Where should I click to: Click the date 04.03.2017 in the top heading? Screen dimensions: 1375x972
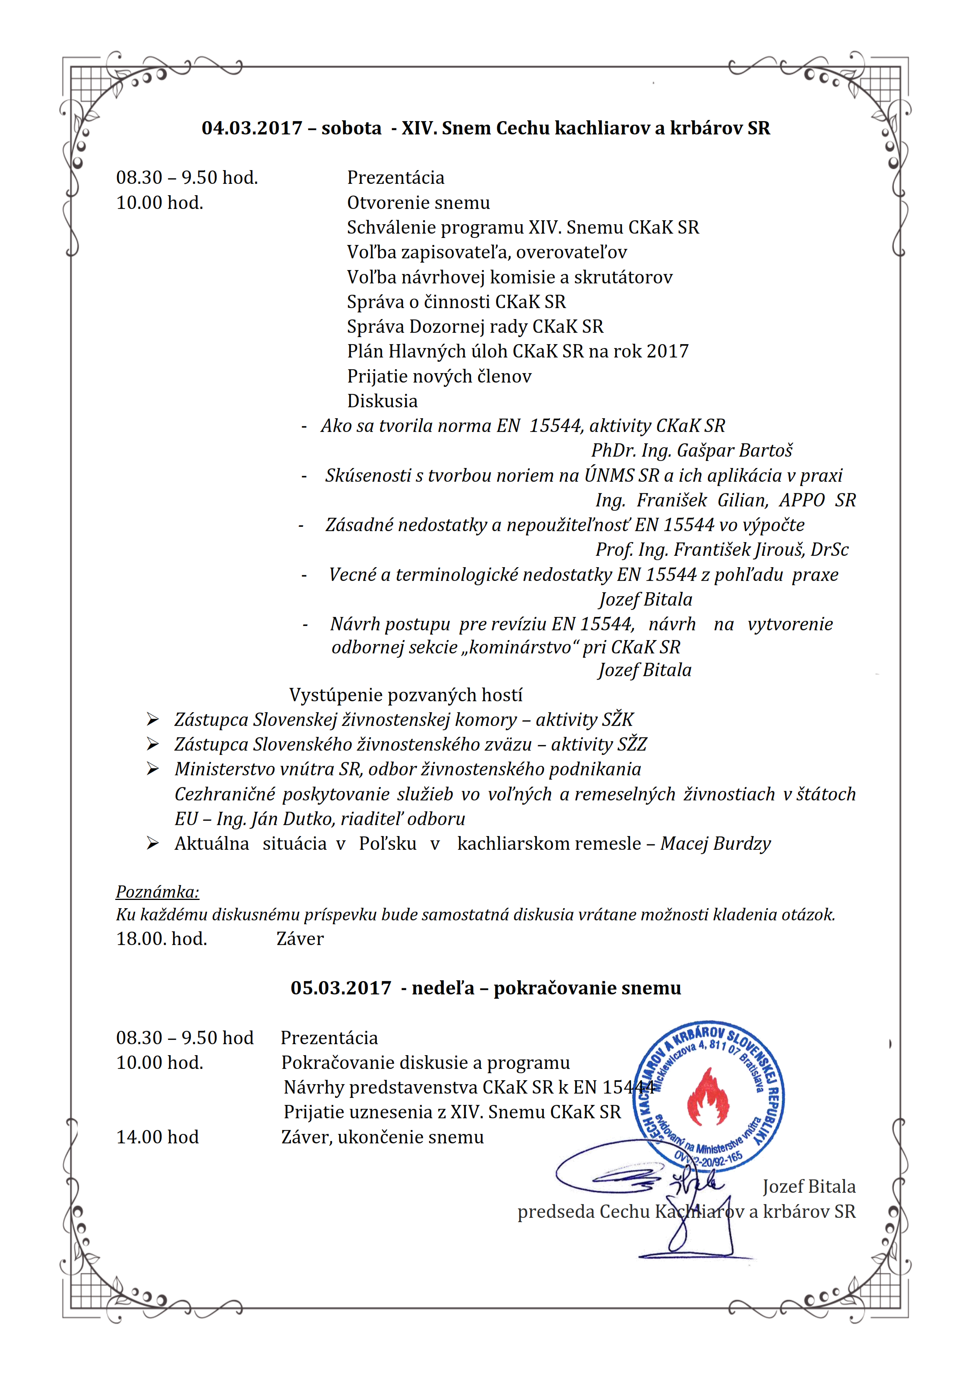click(252, 128)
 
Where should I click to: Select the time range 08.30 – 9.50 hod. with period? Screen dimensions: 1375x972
click(187, 178)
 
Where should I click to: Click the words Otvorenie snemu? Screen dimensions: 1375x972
click(418, 203)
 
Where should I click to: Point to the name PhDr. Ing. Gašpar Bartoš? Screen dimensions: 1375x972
click(692, 450)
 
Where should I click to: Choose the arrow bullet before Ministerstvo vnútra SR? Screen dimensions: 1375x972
click(153, 769)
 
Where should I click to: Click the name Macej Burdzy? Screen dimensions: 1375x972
click(716, 844)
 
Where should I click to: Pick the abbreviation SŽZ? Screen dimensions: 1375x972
click(632, 744)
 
